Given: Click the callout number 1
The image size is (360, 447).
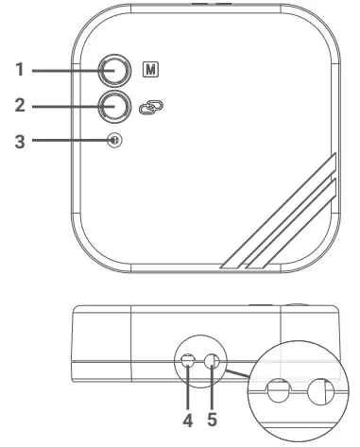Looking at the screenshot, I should click(21, 69).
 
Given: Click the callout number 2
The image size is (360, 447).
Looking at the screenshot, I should click(21, 105).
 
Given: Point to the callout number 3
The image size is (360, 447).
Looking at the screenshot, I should click(21, 141).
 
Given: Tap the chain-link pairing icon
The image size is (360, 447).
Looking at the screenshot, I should click(149, 106).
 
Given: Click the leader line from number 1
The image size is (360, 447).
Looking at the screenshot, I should click(66, 69).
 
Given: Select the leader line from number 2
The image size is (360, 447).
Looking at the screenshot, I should click(66, 105).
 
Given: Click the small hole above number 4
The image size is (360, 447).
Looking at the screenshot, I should click(188, 361).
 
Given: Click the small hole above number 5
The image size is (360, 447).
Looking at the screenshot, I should click(213, 361).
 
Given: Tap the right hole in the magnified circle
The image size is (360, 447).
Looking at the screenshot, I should click(321, 389).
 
